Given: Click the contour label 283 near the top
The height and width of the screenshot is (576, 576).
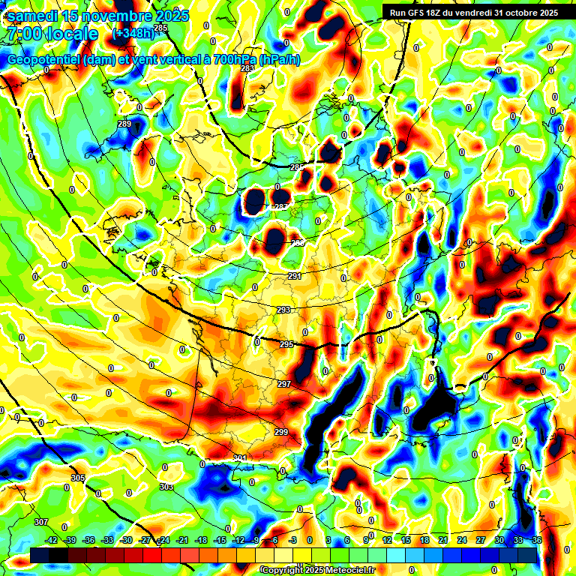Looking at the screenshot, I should pyautogui.click(x=247, y=68).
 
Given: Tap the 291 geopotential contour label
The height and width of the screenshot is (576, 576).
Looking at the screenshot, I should pyautogui.click(x=294, y=277).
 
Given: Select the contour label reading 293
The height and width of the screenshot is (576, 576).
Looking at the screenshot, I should pyautogui.click(x=283, y=310).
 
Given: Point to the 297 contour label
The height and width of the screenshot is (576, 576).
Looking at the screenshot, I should pyautogui.click(x=283, y=384).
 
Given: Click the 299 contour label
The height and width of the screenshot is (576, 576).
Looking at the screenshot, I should pyautogui.click(x=281, y=432).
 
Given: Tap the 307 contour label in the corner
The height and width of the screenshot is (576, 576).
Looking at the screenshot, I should pyautogui.click(x=41, y=522).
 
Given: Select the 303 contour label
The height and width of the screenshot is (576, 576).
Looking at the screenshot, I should pyautogui.click(x=166, y=487).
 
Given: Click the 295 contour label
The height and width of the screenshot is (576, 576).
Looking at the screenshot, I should pyautogui.click(x=286, y=344).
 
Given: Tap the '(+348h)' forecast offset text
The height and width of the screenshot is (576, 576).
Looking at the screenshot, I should pyautogui.click(x=133, y=33).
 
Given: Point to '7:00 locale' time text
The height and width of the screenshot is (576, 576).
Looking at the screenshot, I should pyautogui.click(x=52, y=34).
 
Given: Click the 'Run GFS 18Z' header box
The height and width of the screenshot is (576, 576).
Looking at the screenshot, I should pyautogui.click(x=473, y=12).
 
